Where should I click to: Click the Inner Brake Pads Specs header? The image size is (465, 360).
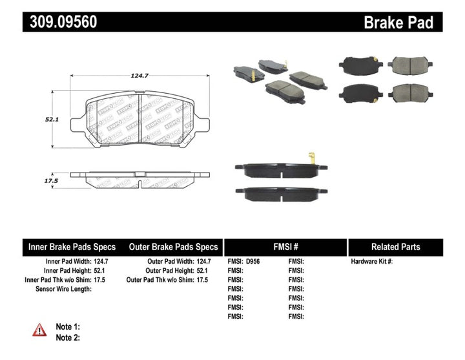[72, 247]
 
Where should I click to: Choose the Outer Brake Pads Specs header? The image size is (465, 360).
[173, 247]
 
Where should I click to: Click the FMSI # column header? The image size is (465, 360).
[285, 247]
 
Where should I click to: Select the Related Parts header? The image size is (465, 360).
[395, 247]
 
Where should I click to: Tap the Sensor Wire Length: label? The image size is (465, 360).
[63, 289]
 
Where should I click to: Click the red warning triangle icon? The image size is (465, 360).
[39, 330]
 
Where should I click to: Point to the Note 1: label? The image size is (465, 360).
[68, 327]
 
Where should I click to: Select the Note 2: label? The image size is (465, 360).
[68, 337]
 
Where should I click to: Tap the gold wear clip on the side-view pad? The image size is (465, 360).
[311, 157]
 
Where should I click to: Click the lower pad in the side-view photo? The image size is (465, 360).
[281, 193]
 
